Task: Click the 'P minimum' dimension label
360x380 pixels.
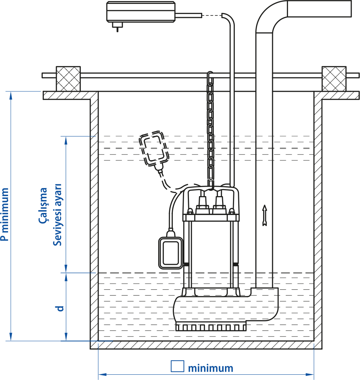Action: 5,214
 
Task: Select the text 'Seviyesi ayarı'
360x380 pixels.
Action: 57,215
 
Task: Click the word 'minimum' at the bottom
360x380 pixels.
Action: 211,368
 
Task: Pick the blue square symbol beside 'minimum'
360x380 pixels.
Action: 177,366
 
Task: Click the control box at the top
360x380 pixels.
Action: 141,12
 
